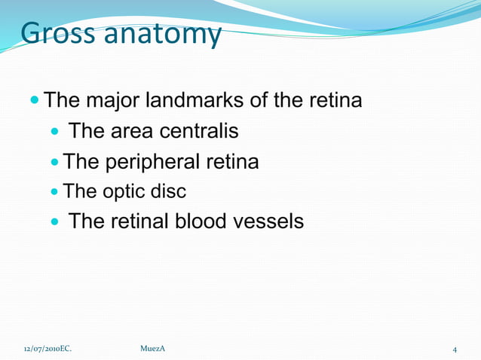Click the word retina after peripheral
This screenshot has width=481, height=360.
(231, 162)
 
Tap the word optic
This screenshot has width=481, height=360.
(121, 191)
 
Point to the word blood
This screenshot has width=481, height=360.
(204, 221)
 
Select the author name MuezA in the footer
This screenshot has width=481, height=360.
(153, 349)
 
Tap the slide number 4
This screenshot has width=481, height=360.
(455, 349)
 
